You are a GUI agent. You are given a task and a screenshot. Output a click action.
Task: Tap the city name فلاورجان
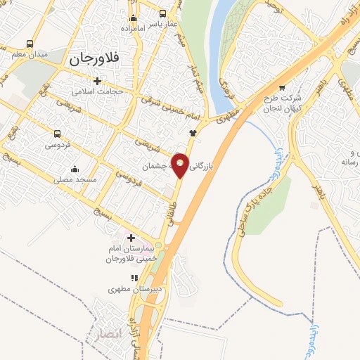96,60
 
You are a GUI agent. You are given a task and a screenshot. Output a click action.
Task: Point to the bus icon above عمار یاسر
163,13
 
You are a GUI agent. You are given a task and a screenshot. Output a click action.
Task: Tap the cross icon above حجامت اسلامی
97,79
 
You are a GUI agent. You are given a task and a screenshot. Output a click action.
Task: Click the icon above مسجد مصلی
75,168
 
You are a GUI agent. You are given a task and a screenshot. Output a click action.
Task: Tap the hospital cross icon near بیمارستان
131,238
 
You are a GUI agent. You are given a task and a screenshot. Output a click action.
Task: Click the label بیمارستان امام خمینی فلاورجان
129,255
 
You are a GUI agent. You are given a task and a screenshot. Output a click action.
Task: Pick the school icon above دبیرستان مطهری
134,278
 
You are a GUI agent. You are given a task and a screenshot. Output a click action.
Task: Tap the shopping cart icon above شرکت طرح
283,88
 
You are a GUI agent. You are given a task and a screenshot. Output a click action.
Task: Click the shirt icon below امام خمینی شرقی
193,132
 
